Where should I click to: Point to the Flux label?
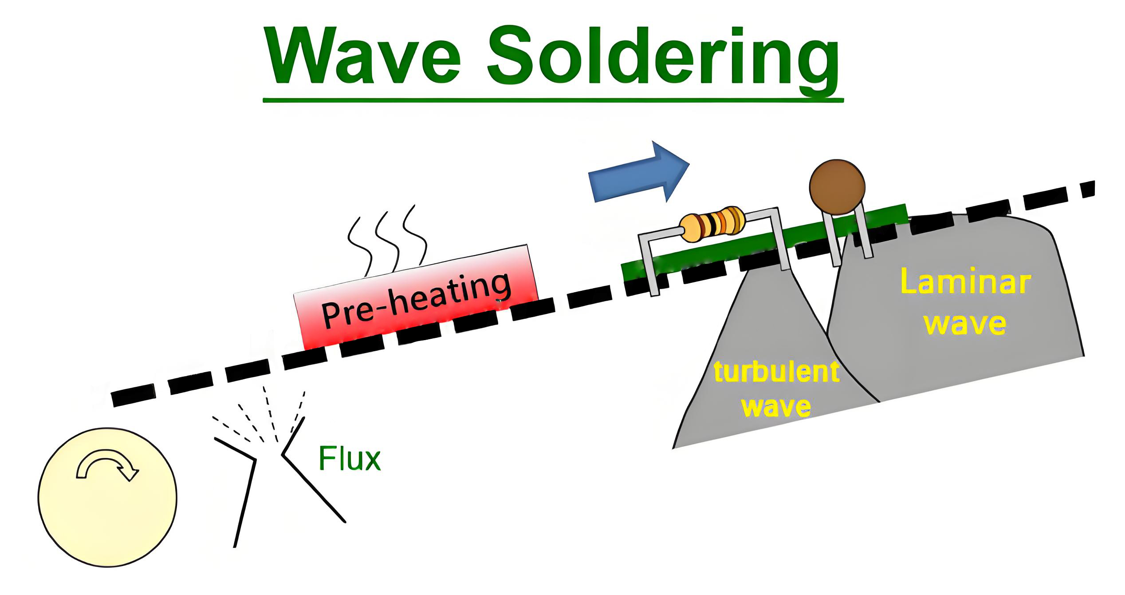350,459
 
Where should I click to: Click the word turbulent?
776,372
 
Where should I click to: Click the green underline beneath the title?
553,100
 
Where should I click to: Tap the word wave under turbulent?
776,406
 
